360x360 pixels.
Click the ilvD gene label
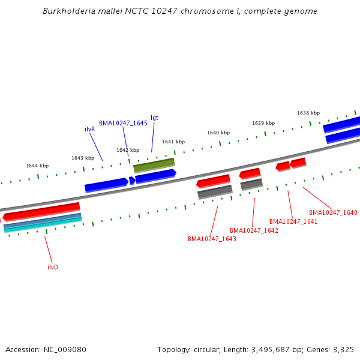tap(53, 267)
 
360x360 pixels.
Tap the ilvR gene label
tap(89, 129)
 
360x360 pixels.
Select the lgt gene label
tap(154, 118)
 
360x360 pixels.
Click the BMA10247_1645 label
tap(123, 123)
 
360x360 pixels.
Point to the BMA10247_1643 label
tap(212, 239)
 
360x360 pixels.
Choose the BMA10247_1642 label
tap(254, 230)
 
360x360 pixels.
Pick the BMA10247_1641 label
tap(293, 221)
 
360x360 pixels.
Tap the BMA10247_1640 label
tap(333, 212)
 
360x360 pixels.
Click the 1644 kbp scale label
tap(37, 166)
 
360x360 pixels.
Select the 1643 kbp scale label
tap(83, 158)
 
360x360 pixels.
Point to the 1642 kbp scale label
tap(128, 150)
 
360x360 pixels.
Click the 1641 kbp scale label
tap(173, 142)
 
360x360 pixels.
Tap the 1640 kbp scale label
tap(218, 133)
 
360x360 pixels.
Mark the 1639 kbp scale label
tap(263, 123)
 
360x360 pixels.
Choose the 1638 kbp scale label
tap(308, 113)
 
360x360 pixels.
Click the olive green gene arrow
tap(154, 165)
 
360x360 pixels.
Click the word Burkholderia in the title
tap(67, 11)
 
